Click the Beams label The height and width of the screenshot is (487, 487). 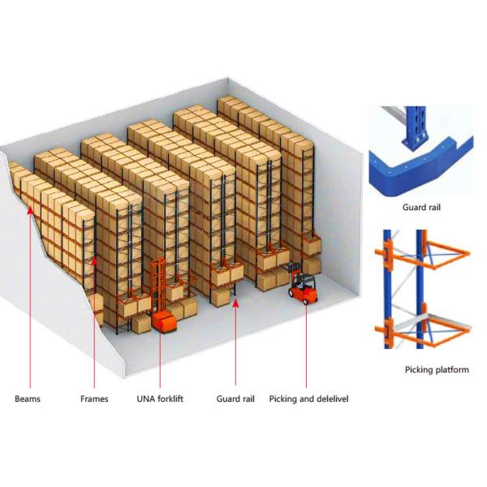tap(28, 399)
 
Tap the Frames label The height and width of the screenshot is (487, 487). tap(94, 399)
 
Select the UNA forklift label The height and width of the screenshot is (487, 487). tap(160, 399)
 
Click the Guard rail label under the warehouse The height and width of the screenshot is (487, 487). tap(235, 399)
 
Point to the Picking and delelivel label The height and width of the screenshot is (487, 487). tap(307, 399)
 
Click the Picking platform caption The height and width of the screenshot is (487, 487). tap(436, 370)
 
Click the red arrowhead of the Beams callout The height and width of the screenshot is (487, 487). tap(31, 213)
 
